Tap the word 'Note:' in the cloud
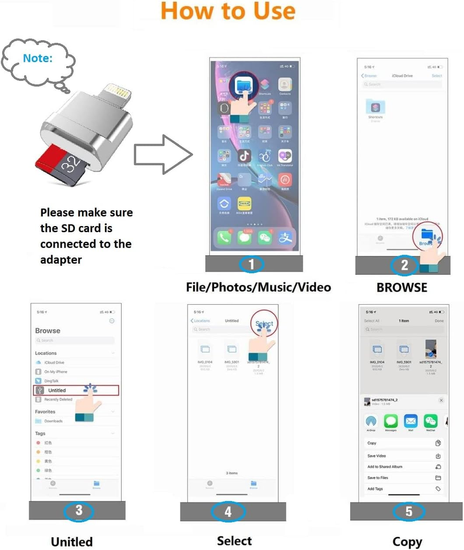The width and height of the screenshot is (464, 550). point(38,57)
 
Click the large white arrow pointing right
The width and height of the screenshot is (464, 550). point(163,155)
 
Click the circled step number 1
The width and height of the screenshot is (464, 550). point(252,264)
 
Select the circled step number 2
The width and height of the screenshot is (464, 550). point(404,266)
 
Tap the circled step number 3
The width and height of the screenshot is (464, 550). point(79,511)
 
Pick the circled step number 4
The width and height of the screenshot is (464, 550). point(228,512)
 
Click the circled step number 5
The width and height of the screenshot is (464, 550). point(408,512)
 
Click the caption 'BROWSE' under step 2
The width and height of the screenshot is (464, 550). point(402,287)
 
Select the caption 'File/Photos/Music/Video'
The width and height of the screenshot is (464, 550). point(258,287)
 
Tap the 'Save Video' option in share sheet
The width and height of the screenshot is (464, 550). point(376,456)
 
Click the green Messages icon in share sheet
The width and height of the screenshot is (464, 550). point(390,422)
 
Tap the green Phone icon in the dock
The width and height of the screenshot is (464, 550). point(223,238)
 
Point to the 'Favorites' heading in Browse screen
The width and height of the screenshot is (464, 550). point(45,411)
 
